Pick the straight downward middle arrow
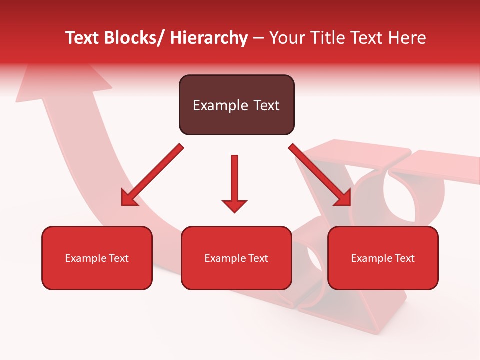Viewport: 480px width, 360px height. tap(234, 180)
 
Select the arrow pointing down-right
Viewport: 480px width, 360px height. tap(320, 175)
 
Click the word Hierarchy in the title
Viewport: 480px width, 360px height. tap(209, 38)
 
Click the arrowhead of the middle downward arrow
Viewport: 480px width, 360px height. tap(234, 206)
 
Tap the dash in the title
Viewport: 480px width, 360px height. tap(258, 38)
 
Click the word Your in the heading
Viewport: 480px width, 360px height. tap(287, 38)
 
